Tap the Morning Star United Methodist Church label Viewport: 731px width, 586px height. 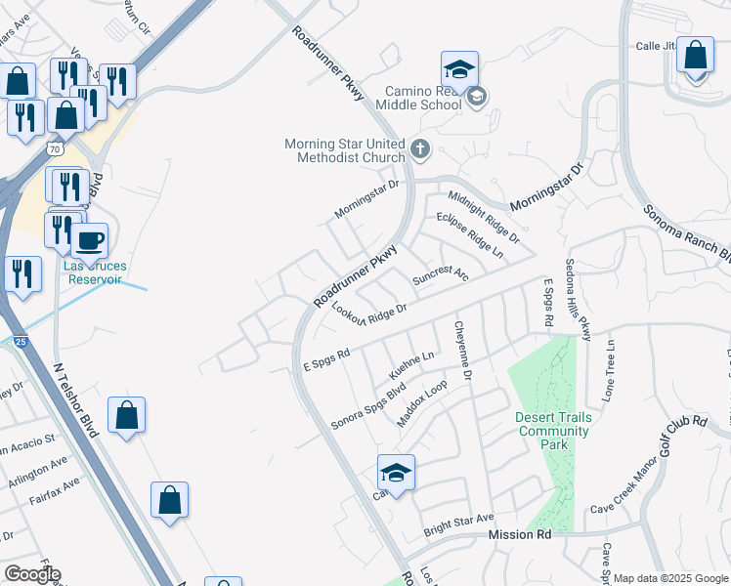(x=344, y=150)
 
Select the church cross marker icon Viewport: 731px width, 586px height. (x=420, y=149)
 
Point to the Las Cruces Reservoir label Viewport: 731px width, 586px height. (x=93, y=272)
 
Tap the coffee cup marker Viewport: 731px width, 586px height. (x=90, y=240)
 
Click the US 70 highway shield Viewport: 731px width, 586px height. (x=55, y=148)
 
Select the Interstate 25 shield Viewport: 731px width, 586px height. (x=20, y=341)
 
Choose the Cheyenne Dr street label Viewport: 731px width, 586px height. (x=461, y=352)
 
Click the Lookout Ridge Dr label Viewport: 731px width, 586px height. (x=368, y=315)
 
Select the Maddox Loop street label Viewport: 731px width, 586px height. (x=422, y=402)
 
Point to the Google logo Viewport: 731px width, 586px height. (x=32, y=574)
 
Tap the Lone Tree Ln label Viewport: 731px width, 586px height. (x=610, y=371)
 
